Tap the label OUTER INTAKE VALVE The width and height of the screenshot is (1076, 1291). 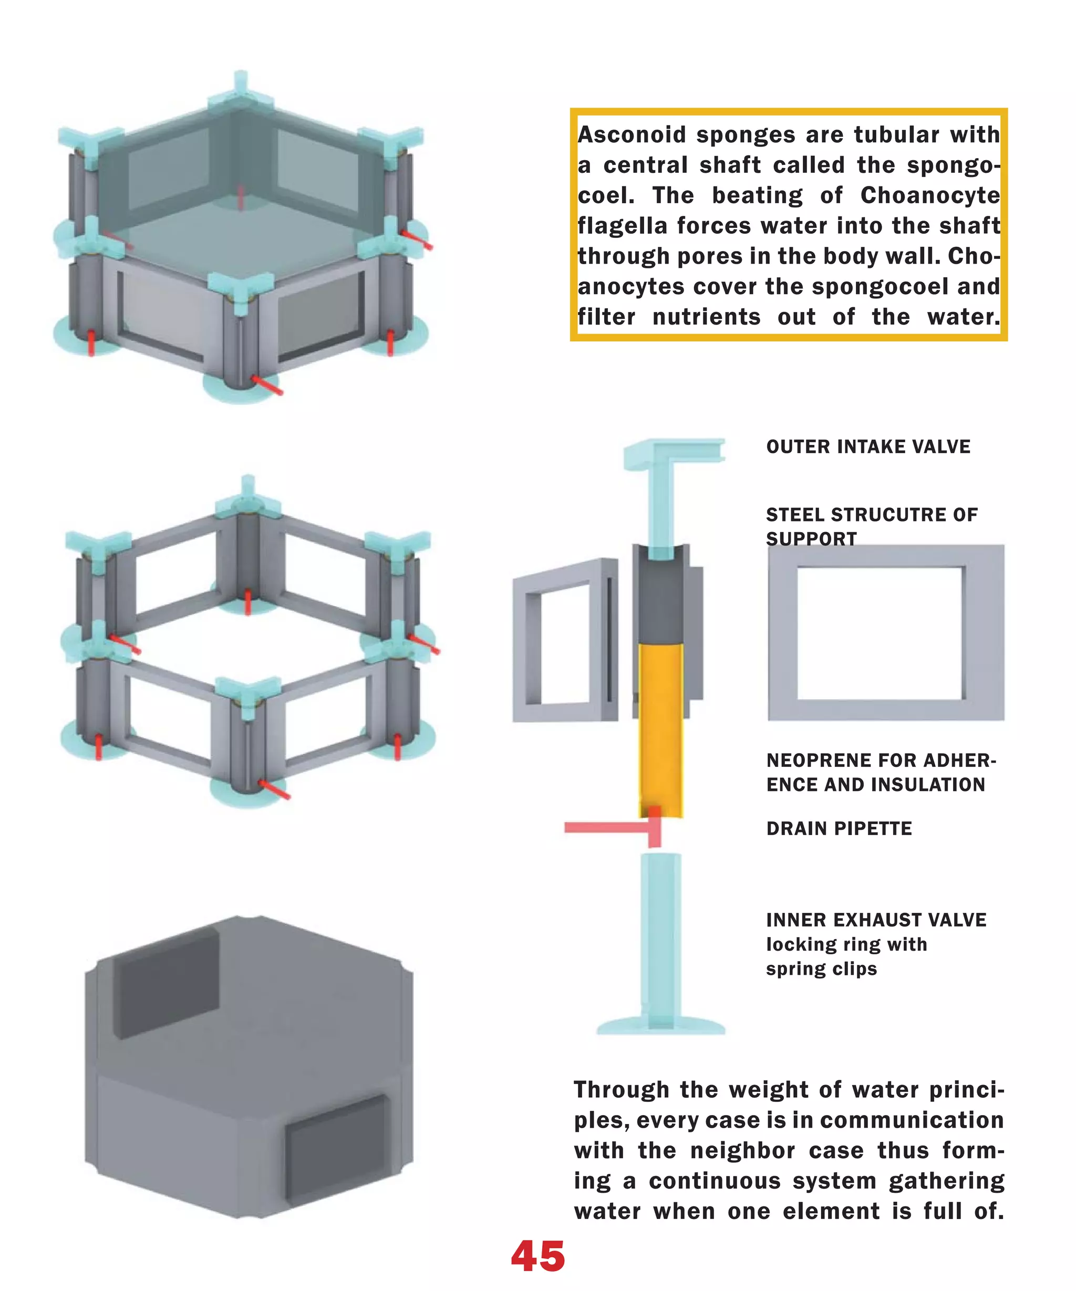pos(867,446)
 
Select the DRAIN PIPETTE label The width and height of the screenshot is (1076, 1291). pos(839,828)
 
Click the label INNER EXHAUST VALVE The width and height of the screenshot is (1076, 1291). pos(875,920)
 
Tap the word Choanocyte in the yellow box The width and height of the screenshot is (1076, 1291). pos(929,195)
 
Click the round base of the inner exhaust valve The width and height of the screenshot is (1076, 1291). pos(660,1027)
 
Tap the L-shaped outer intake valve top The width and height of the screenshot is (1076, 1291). pos(673,454)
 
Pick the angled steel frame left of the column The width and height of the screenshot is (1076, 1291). pos(564,639)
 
